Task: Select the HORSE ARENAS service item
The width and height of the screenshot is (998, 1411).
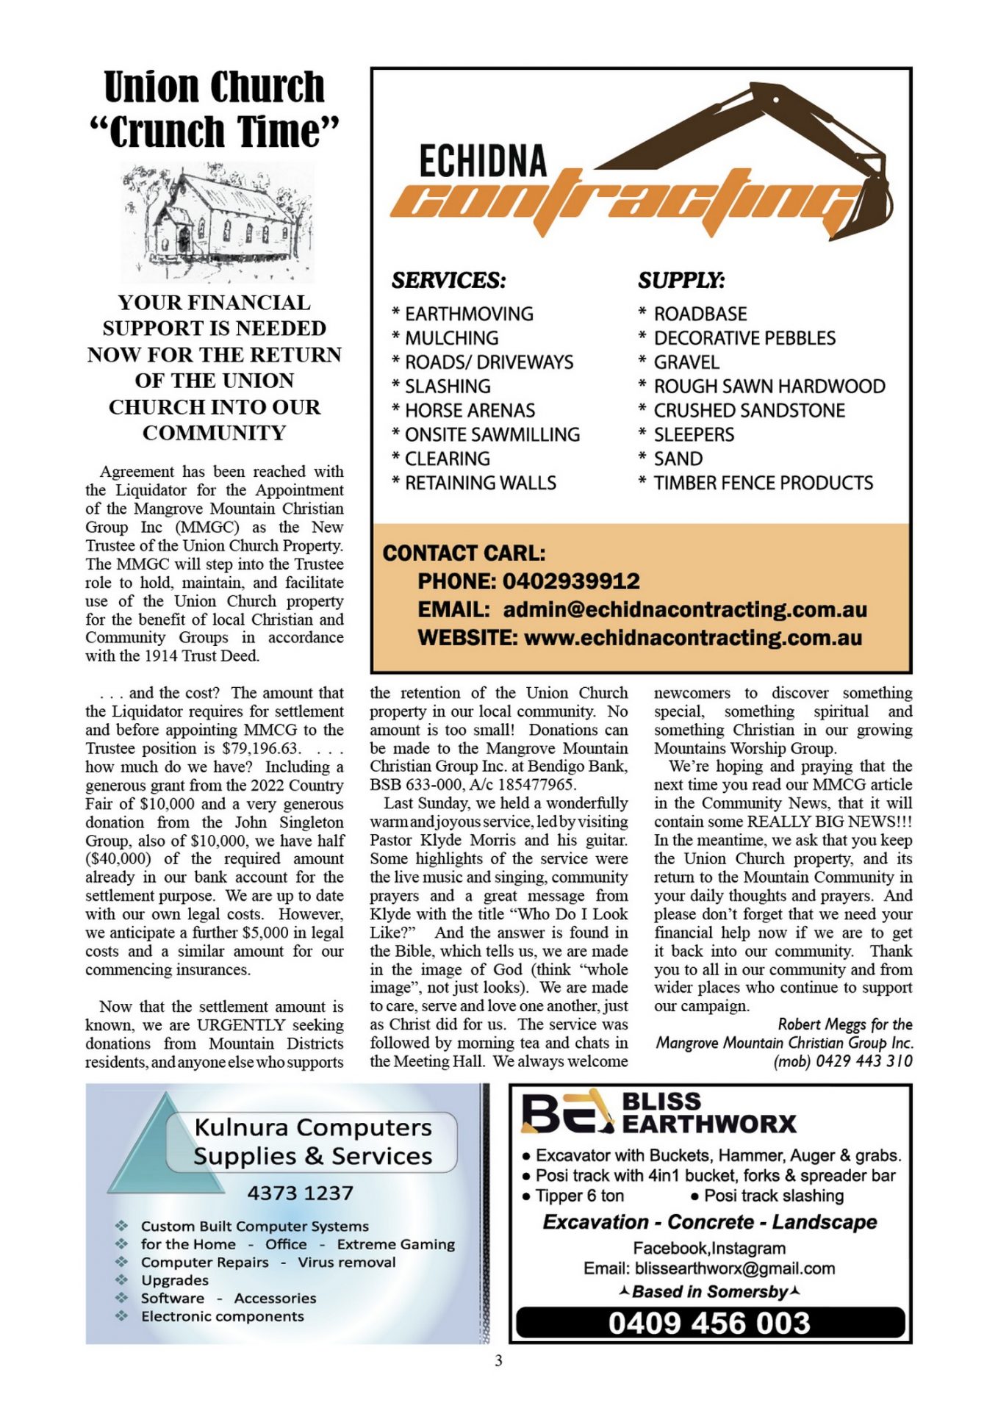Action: pos(470,410)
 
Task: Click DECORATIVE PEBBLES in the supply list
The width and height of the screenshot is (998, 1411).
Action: pos(744,338)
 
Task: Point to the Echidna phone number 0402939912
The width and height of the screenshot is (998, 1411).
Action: pos(571,581)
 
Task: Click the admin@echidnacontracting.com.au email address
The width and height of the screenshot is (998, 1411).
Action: pos(685,609)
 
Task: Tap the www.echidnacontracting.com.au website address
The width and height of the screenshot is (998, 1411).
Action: pos(692,637)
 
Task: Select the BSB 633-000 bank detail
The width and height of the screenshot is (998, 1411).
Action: pos(412,785)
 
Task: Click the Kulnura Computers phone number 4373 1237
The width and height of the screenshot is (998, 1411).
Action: pos(300,1193)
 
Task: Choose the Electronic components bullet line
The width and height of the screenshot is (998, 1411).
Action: pos(222,1316)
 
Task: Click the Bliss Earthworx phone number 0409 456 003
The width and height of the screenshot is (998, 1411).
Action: pos(709,1324)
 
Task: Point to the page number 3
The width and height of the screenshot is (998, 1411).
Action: pos(498,1361)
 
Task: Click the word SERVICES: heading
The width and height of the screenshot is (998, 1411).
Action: pos(448,281)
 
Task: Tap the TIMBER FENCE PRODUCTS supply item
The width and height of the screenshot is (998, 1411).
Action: pos(763,483)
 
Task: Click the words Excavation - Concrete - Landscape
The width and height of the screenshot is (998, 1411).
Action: pos(709,1222)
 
